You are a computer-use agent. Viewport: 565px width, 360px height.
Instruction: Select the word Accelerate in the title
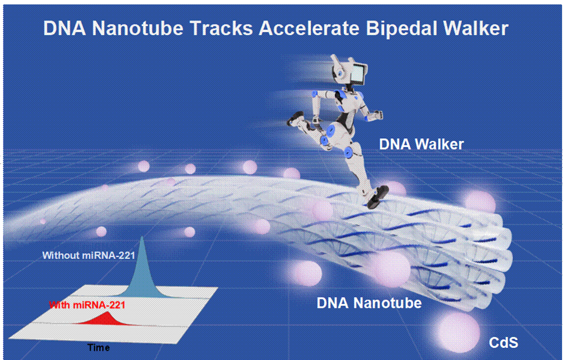[309, 28]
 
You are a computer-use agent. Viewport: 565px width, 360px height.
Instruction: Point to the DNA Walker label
[421, 144]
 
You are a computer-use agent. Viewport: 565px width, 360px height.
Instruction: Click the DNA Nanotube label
[369, 303]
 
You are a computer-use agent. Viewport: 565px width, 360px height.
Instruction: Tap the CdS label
[503, 342]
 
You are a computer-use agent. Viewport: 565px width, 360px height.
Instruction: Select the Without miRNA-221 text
[89, 255]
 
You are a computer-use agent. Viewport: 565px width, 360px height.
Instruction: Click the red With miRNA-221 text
[87, 305]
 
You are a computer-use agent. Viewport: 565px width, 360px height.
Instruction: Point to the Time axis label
[98, 348]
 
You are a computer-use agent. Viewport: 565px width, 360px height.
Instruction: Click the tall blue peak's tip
[142, 237]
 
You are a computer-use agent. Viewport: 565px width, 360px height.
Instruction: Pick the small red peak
[104, 318]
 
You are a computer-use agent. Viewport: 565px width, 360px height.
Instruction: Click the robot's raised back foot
[296, 119]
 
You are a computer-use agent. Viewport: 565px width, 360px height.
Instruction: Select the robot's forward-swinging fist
[376, 115]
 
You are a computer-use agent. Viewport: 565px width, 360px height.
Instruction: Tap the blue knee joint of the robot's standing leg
[349, 152]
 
